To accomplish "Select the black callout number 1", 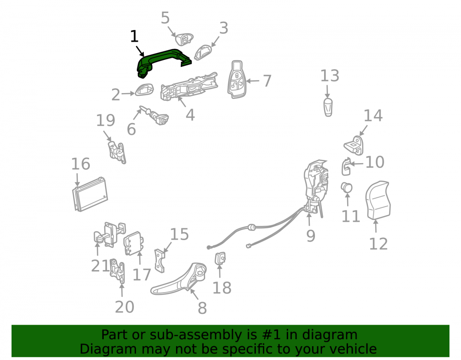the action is (134, 36).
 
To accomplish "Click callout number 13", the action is (330, 76).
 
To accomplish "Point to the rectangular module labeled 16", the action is (90, 195).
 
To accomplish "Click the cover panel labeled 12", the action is (378, 200).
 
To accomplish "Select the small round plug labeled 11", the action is (346, 188).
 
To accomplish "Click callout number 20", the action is (124, 307).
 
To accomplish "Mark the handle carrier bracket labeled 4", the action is (189, 87).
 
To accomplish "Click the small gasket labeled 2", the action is (144, 89).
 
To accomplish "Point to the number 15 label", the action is (179, 234).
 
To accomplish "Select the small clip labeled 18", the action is (220, 258).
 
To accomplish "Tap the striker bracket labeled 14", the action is (354, 146).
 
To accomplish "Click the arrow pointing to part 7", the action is (253, 81).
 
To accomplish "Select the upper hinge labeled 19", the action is (117, 153).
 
